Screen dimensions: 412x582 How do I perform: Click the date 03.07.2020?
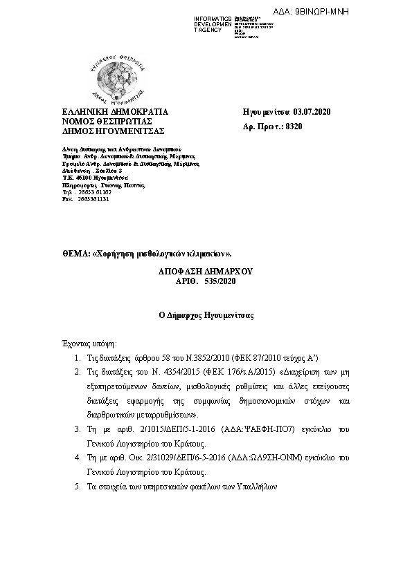(x=314, y=111)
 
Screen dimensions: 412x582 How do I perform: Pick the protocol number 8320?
(x=294, y=126)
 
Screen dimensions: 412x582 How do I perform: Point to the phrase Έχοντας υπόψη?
(x=87, y=343)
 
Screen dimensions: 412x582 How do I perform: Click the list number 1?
(x=77, y=358)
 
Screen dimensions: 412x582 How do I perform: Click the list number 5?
(x=77, y=487)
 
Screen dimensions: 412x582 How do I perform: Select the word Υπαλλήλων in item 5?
(x=257, y=487)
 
